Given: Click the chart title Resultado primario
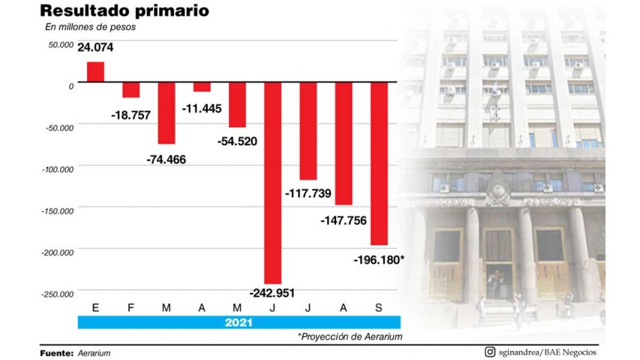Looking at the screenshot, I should click(x=124, y=11).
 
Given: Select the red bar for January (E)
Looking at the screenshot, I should click(x=95, y=72).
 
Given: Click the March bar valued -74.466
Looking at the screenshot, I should click(x=166, y=112).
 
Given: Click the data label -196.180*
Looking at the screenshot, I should click(x=379, y=259).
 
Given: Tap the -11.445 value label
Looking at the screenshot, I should click(x=201, y=108).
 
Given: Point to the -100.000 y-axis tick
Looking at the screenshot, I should click(x=57, y=169).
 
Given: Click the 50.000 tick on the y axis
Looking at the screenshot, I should click(x=59, y=45).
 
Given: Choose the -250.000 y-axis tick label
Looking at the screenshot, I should click(x=57, y=294).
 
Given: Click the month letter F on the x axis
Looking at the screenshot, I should click(x=131, y=308).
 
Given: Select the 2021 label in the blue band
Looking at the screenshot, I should click(x=239, y=321).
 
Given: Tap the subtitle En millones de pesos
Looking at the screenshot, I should click(x=90, y=27).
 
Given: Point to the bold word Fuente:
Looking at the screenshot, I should click(x=57, y=353).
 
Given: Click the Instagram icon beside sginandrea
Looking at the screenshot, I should click(x=490, y=352).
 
